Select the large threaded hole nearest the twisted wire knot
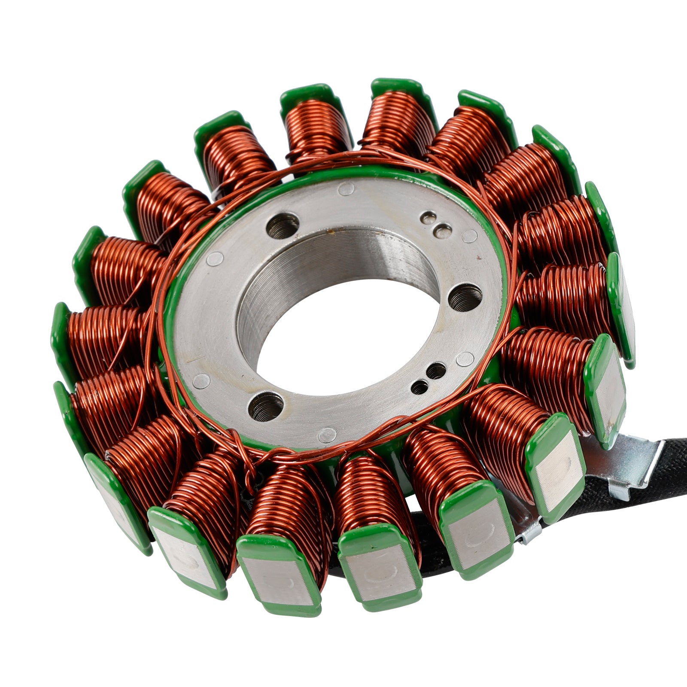[x=266, y=406]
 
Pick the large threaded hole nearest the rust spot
[x=283, y=225]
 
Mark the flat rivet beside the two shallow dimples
[x=470, y=235]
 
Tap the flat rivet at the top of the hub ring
[x=346, y=188]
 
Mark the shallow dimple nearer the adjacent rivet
[x=442, y=232]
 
